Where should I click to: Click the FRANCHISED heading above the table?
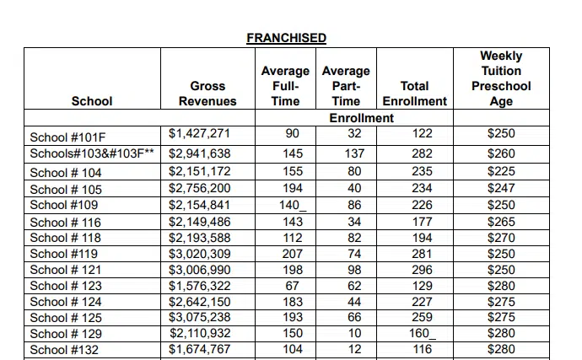click(x=286, y=38)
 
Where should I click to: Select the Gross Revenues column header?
click(x=207, y=93)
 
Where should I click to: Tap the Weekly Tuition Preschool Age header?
click(x=501, y=78)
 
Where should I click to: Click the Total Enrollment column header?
click(x=414, y=93)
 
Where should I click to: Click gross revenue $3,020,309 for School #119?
click(x=199, y=253)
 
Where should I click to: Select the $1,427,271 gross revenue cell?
click(x=199, y=133)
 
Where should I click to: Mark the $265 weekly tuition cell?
click(x=501, y=221)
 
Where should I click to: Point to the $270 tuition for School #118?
click(x=501, y=237)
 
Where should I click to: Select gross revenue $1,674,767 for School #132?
click(x=199, y=348)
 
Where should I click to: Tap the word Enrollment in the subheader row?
click(x=361, y=117)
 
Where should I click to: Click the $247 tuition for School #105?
click(x=501, y=189)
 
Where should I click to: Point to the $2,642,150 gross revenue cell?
click(x=199, y=301)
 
